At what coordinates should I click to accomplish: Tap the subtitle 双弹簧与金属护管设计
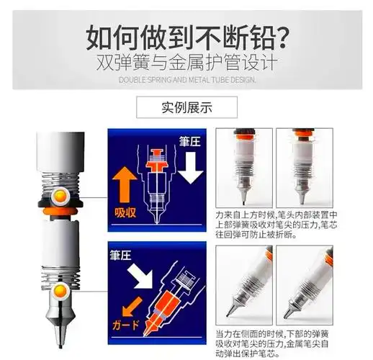(186, 63)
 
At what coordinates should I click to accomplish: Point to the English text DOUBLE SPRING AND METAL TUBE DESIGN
(186, 79)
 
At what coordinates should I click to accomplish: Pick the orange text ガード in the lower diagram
(127, 325)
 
